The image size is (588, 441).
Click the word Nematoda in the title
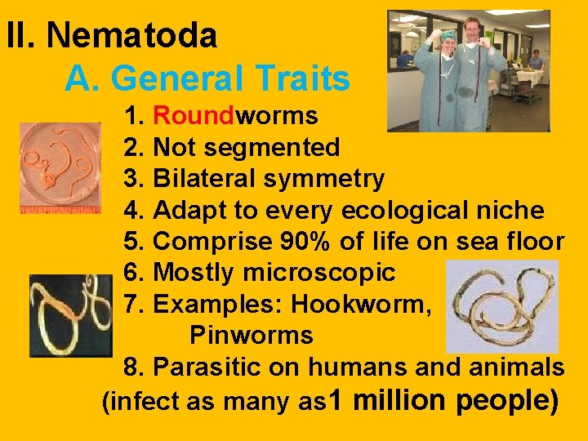tap(131, 36)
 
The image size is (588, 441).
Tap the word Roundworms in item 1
tap(235, 116)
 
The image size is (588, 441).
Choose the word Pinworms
tap(251, 335)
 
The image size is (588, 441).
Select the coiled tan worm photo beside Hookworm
tap(502, 306)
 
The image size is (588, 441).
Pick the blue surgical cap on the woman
tap(448, 35)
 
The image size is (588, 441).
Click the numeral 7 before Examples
tap(131, 304)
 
